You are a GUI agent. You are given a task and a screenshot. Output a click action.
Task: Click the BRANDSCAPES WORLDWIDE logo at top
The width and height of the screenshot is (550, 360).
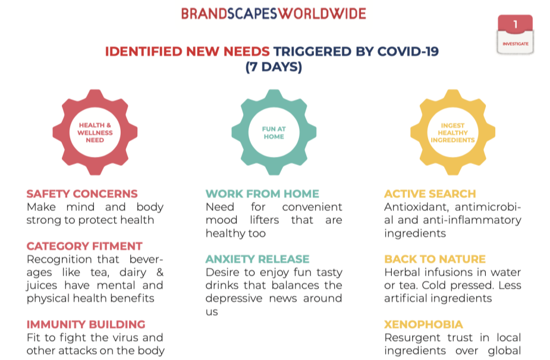tap(274, 14)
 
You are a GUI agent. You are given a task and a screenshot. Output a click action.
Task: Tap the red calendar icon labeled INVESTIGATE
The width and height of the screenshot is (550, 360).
tap(516, 34)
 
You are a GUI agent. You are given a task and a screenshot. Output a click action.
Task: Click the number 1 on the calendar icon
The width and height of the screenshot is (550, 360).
tap(516, 24)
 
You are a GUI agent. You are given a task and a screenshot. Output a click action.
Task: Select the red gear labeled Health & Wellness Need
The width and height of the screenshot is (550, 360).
tap(95, 132)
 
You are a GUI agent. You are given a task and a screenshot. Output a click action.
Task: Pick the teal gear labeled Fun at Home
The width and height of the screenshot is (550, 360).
tap(274, 132)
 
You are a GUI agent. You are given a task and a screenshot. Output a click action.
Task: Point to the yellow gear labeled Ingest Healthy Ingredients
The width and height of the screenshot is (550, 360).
tap(453, 132)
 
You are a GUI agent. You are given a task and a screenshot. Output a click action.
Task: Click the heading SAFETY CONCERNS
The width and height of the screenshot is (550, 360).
tap(82, 194)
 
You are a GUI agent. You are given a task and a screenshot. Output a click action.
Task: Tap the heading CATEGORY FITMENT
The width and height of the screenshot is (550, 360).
tap(84, 246)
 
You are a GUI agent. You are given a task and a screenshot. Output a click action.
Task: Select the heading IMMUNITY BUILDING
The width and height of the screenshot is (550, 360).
tap(86, 324)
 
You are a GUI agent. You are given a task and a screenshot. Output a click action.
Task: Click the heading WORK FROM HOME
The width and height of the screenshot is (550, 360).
tap(262, 194)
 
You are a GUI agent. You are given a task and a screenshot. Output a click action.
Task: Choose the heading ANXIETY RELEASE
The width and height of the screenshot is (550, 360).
tap(257, 259)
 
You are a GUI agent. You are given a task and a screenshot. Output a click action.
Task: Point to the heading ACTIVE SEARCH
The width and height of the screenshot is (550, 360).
tap(430, 194)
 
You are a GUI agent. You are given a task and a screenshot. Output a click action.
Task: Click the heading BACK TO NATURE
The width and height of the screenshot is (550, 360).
tap(435, 259)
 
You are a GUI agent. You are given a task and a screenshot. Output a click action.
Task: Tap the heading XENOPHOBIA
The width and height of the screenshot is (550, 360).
tap(424, 324)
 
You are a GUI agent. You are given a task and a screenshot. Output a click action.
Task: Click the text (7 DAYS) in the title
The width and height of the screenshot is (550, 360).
tap(274, 67)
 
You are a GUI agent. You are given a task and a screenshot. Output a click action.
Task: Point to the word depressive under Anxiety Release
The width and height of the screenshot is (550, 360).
tap(234, 298)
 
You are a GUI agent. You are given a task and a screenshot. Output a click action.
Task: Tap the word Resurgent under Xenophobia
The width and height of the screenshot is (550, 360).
tap(412, 338)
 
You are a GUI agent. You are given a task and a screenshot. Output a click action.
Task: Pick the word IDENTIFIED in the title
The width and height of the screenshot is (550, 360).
tap(143, 52)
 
